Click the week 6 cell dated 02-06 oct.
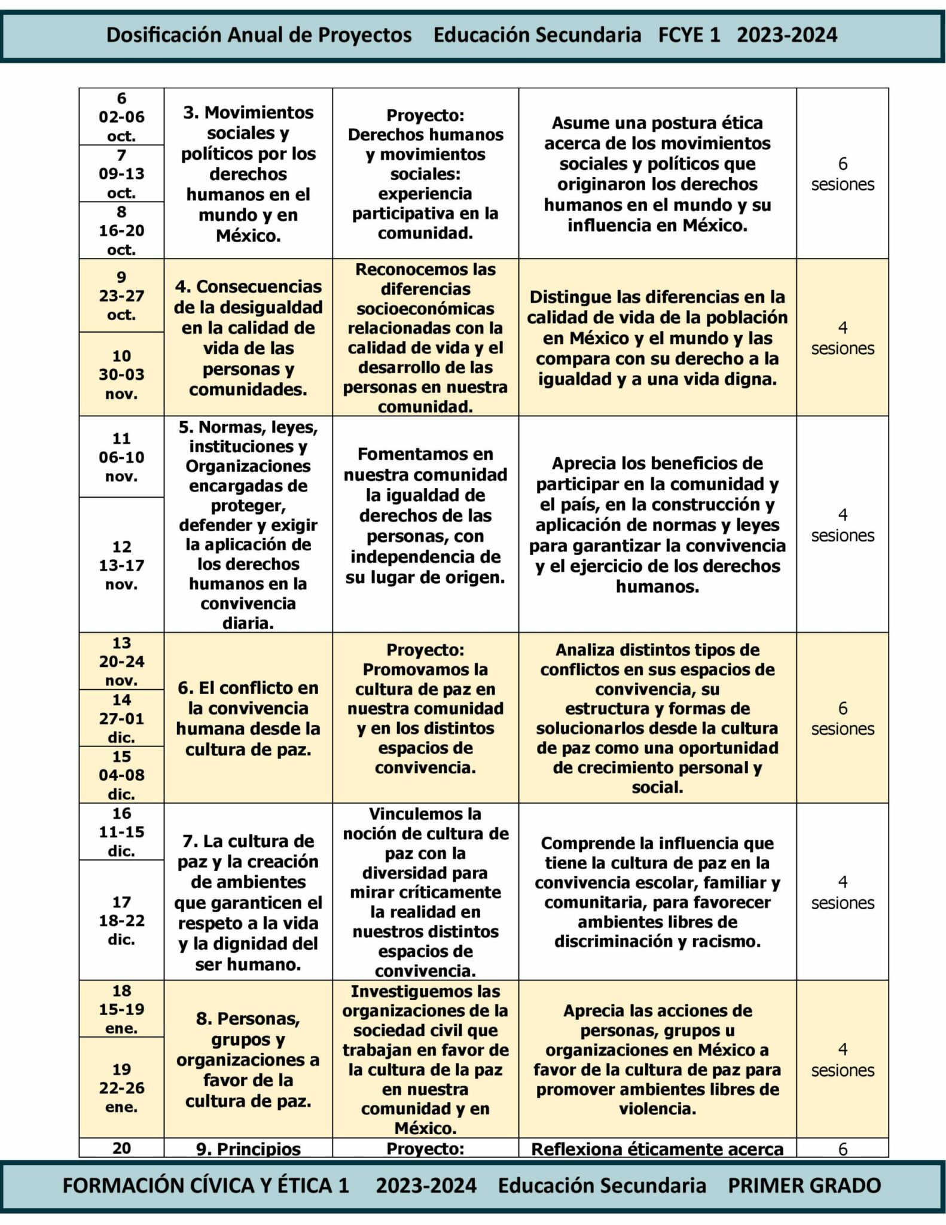tap(121, 117)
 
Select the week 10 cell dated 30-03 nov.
tap(121, 374)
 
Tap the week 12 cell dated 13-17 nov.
tap(121, 565)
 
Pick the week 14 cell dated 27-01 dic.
tap(121, 718)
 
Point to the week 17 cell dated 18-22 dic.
tap(121, 920)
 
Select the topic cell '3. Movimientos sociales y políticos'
tap(248, 173)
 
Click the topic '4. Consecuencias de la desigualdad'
tap(248, 338)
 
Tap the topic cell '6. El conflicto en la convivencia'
tap(248, 718)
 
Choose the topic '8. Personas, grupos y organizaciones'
tap(248, 1059)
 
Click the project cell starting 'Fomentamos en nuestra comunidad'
tap(425, 516)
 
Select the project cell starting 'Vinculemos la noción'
tap(425, 892)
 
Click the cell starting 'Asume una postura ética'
tap(657, 173)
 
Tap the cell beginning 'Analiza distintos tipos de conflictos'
tap(657, 718)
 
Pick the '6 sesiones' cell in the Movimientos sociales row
tap(842, 173)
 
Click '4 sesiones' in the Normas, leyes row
tap(842, 525)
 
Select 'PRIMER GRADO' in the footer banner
tap(804, 1185)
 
